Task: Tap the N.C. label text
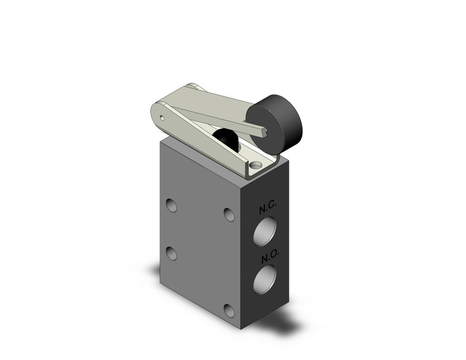pos(267,209)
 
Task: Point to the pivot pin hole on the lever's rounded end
pos(161,116)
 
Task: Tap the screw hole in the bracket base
pos(255,164)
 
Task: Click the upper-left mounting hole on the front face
pos(172,205)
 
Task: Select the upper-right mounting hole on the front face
pos(229,214)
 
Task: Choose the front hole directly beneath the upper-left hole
pos(172,253)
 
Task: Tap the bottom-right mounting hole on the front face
pos(229,310)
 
